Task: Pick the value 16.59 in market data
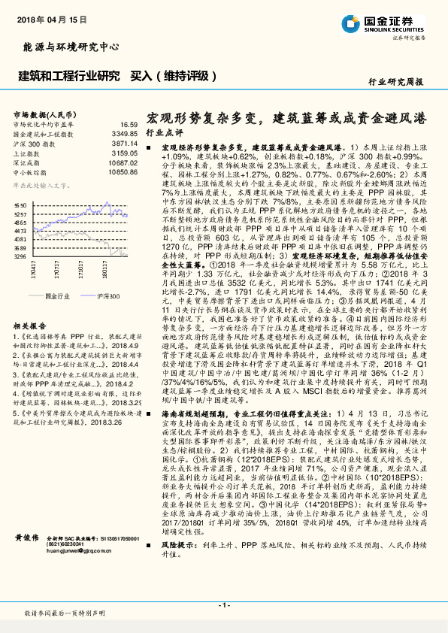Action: coord(129,124)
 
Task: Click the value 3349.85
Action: coord(125,133)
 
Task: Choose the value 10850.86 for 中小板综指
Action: coord(123,171)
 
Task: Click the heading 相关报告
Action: coord(30,304)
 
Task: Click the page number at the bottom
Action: coord(224,604)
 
